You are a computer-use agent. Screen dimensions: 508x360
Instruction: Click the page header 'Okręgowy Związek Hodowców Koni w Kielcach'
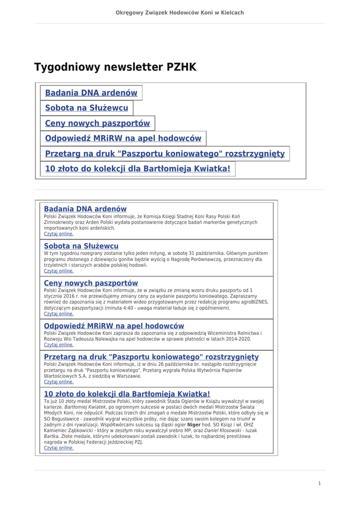pos(180,12)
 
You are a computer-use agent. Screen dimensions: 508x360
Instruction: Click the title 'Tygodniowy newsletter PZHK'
pos(115,67)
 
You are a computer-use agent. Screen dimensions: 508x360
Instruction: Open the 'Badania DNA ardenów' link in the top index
pos(91,93)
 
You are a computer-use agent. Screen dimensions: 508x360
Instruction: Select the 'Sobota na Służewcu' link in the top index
pos(86,108)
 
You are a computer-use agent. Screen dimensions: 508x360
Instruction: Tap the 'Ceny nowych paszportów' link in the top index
pos(97,123)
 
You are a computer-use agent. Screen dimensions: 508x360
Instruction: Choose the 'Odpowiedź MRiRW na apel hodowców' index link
pos(123,138)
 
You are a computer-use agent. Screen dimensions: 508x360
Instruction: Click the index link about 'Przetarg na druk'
pos(165,154)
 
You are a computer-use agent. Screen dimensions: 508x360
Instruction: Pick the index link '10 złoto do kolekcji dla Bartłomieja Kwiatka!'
pos(138,169)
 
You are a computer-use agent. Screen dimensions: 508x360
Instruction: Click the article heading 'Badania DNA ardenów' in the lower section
pos(85,209)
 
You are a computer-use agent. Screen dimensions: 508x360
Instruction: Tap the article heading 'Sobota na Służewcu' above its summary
pos(81,246)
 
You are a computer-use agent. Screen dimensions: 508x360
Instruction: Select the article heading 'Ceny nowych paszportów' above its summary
pos(91,283)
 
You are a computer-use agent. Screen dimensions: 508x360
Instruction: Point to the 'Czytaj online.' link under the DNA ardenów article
pos(59,234)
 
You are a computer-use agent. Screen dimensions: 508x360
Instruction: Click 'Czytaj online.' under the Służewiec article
pos(59,271)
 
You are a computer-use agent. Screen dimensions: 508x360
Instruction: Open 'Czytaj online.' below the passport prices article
pos(59,314)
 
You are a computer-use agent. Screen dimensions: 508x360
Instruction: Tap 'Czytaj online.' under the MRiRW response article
pos(59,345)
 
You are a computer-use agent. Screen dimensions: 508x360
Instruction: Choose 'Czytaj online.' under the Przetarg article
pos(59,382)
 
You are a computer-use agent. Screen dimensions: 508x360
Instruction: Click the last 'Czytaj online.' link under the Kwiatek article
pos(59,447)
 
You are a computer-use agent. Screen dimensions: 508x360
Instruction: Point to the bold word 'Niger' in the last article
pos(194,425)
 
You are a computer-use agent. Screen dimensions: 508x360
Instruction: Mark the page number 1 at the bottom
pos(319,483)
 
